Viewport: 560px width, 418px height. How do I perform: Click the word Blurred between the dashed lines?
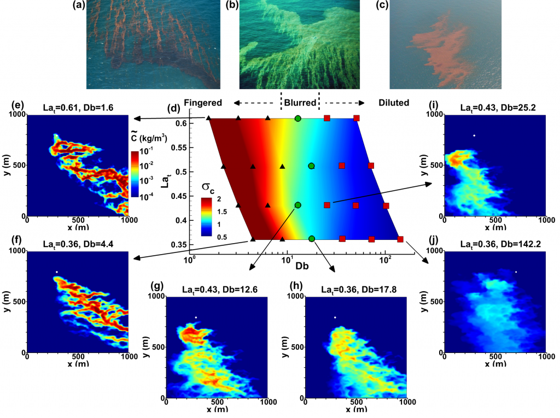[300, 102]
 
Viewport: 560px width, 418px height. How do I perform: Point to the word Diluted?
[395, 102]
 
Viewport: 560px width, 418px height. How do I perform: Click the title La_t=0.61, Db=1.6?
[77, 107]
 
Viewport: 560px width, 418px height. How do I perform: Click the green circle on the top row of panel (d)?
[297, 118]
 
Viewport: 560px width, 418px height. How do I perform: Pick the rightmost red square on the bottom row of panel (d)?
[400, 239]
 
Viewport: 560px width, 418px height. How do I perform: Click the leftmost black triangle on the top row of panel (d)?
[209, 118]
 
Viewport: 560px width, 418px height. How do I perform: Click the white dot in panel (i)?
[475, 136]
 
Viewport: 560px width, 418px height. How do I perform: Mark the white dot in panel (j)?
[516, 272]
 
